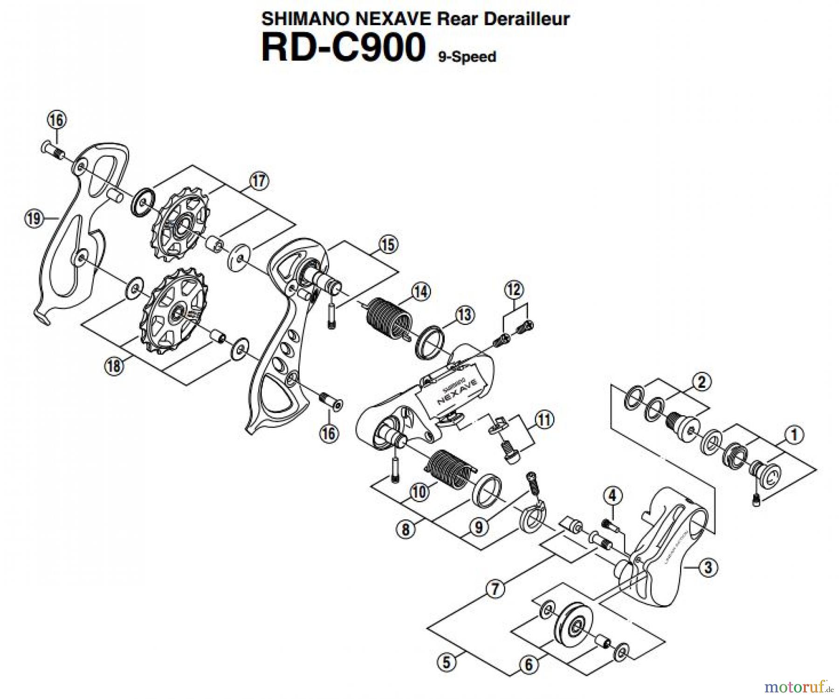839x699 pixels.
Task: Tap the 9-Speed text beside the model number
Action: pos(467,57)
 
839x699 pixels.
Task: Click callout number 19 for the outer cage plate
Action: pos(34,218)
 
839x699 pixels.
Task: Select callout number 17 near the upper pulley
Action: pos(259,181)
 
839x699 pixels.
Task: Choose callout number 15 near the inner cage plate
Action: pos(388,245)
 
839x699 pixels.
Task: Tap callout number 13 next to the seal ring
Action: pos(464,315)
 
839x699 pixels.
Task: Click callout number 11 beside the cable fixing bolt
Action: pos(544,419)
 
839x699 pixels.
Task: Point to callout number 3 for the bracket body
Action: pos(708,568)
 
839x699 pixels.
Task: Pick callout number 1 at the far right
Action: pos(794,435)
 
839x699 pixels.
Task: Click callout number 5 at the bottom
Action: pos(447,662)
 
